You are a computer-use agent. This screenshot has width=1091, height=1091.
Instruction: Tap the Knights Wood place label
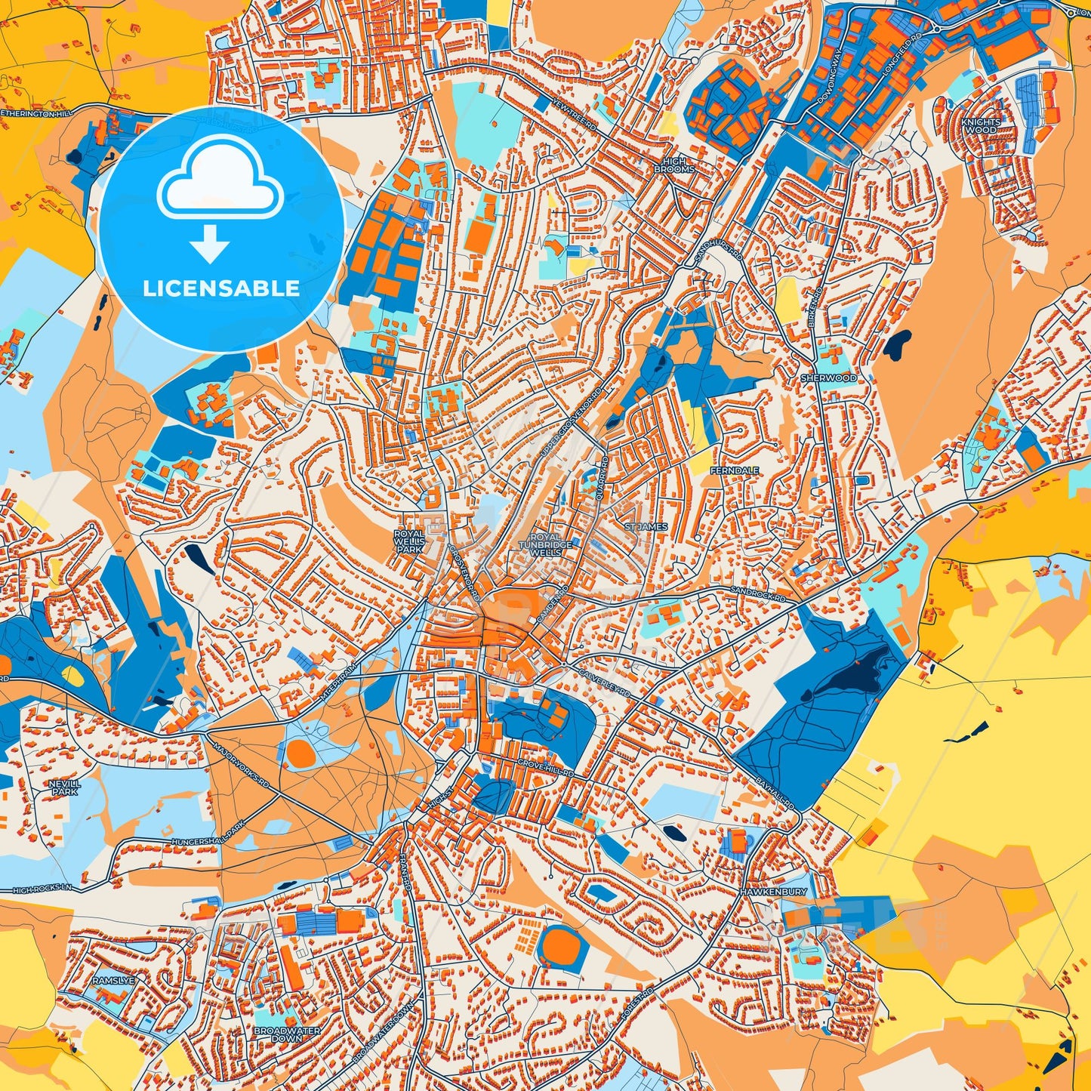click(x=981, y=125)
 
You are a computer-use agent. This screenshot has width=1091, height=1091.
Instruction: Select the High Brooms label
click(x=674, y=165)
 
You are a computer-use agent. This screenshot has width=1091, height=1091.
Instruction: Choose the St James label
click(x=646, y=526)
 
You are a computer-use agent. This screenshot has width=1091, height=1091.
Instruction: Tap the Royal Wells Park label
click(x=409, y=541)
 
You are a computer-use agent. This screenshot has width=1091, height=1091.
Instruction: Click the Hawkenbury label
click(x=774, y=892)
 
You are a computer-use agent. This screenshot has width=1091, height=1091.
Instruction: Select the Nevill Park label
click(x=64, y=788)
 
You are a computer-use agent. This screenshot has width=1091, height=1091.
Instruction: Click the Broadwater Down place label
click(x=287, y=1034)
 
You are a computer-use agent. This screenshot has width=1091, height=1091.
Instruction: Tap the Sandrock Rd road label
click(x=757, y=594)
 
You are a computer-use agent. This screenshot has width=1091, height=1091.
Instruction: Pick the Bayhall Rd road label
click(x=775, y=791)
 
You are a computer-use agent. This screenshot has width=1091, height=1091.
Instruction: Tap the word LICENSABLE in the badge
click(x=221, y=288)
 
